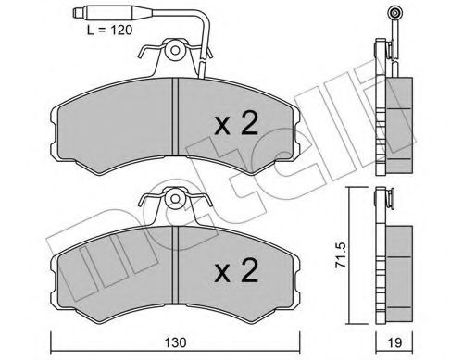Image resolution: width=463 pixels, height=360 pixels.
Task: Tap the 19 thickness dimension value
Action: (395, 340)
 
